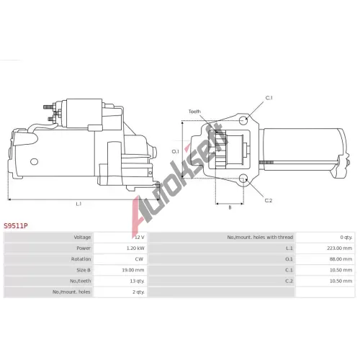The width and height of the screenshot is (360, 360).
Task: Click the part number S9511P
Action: click(16, 226)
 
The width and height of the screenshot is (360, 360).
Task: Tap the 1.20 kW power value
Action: click(135, 248)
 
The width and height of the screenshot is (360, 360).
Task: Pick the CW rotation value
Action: click(139, 259)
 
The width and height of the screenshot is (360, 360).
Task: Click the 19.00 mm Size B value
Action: click(133, 270)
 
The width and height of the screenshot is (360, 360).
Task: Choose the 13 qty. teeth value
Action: click(137, 281)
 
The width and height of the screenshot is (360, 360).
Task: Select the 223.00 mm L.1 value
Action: click(339, 248)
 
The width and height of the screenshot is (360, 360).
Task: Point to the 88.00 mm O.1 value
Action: click(341, 259)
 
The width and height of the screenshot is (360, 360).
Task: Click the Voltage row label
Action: click(82, 238)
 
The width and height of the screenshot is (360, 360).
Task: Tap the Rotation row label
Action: click(81, 259)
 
